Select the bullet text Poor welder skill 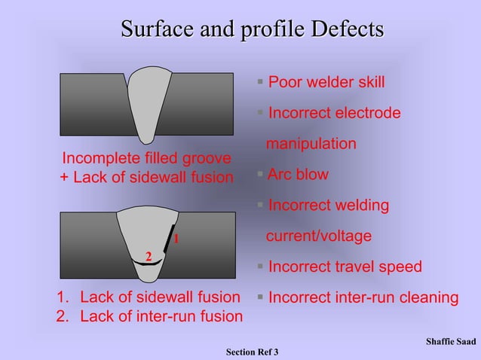pos(326,81)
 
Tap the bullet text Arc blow pos(298,175)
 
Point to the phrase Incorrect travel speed pos(345,267)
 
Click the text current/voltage pos(320,236)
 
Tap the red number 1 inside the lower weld pos(175,239)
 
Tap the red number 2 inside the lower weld pos(149,257)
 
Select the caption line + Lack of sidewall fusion pos(146,178)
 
